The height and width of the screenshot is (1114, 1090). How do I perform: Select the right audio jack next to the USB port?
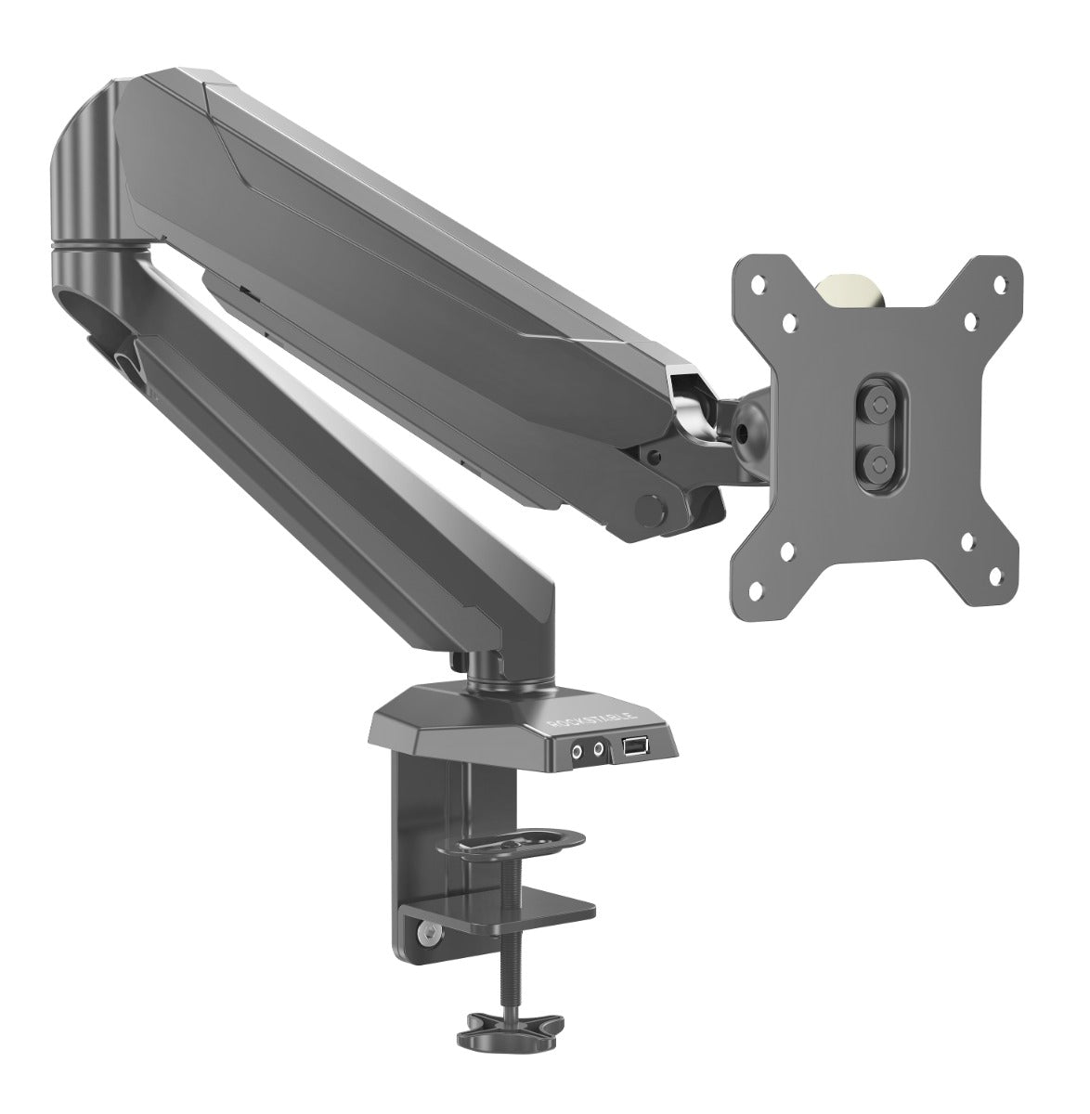pyautogui.click(x=600, y=748)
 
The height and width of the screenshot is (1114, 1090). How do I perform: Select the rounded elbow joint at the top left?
pyautogui.click(x=88, y=186)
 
